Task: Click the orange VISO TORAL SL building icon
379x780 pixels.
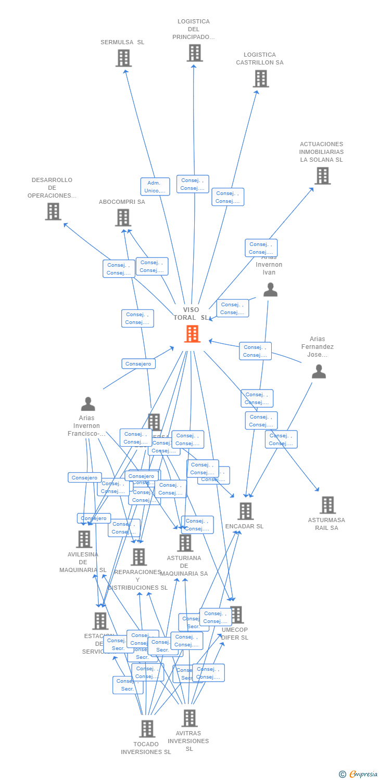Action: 192,334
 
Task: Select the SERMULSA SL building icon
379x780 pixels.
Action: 123,58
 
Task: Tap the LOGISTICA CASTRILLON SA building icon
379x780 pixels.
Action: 260,79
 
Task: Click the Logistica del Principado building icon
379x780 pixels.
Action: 194,53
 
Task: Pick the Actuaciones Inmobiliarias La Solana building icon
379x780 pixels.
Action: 322,176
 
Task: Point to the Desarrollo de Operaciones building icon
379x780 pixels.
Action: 53,212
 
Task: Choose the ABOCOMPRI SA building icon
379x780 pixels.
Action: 123,217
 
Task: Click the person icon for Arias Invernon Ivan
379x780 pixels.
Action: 270,290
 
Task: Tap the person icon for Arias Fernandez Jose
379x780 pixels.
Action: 319,371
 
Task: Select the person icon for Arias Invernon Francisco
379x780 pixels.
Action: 88,404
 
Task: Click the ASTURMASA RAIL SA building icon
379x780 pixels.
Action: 327,505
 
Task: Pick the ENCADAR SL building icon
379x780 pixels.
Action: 245,511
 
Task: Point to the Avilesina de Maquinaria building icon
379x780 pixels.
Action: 84,539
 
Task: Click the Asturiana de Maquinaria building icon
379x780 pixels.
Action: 185,543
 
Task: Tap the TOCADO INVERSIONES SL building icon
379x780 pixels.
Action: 147,729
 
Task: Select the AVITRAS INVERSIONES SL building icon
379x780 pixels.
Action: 189,718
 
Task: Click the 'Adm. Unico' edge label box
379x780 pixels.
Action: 155,187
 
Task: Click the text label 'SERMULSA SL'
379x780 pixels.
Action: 122,42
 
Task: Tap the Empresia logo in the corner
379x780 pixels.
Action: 359,774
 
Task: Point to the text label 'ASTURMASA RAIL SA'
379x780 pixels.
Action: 326,524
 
